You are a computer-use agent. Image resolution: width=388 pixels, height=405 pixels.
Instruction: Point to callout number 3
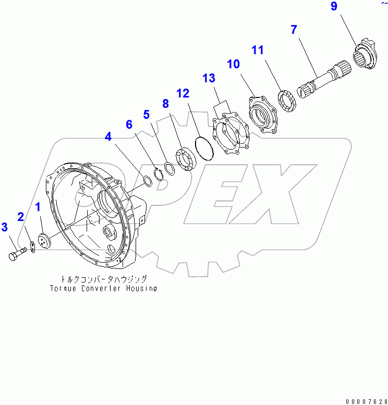point(4,227)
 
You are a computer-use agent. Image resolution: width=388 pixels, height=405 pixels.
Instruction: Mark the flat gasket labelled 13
point(232,133)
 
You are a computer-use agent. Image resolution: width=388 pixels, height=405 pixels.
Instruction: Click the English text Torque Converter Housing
point(103,288)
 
